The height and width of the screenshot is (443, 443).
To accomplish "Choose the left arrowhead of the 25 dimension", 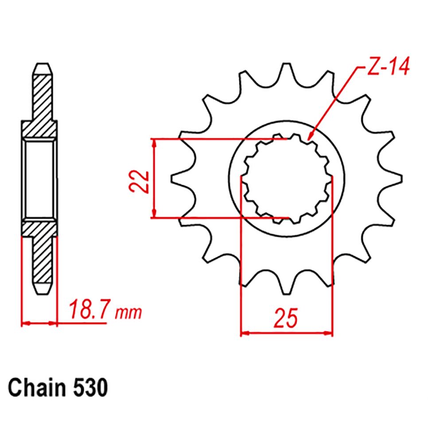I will coord(245,332).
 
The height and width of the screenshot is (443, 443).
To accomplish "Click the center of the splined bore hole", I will coord(286,178).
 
